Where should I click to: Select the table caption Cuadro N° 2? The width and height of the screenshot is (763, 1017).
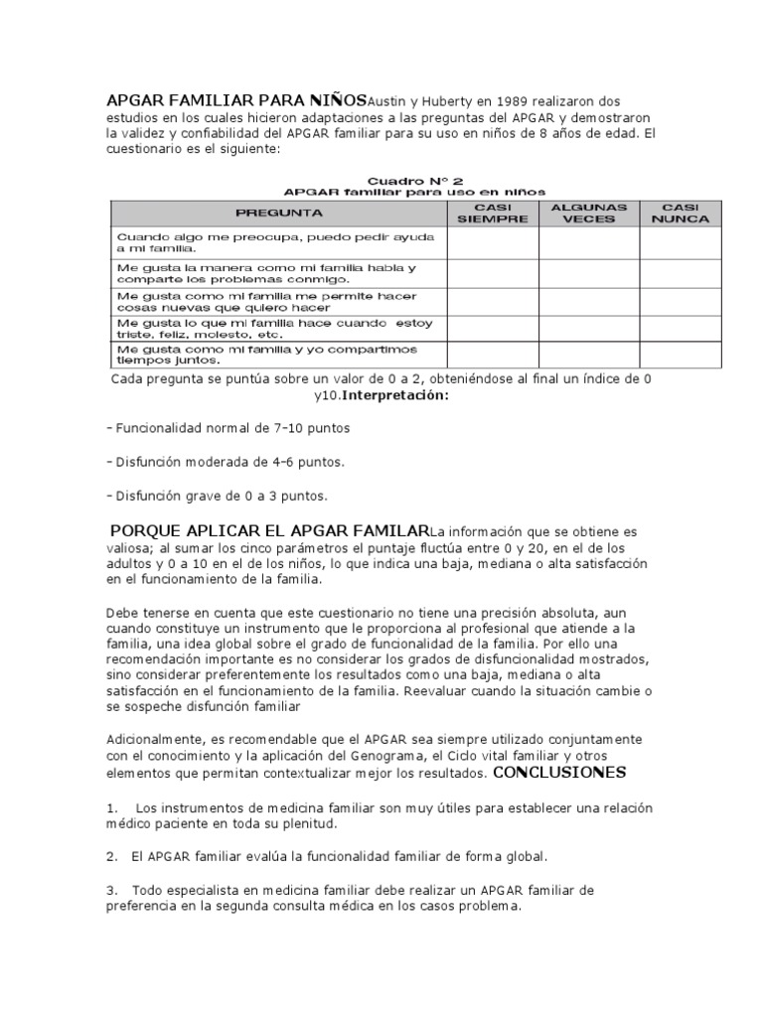coord(415,180)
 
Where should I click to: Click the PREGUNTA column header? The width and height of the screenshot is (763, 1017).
coord(278,213)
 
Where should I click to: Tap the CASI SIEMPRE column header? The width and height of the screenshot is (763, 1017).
coord(493,213)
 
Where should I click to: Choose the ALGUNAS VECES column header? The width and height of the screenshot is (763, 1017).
coord(589,213)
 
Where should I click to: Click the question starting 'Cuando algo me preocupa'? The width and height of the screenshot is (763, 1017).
coord(275,243)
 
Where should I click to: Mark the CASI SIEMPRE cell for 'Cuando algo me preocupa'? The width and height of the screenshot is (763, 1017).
coord(493,243)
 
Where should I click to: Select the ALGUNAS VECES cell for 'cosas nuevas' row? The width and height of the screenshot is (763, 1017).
coord(589,302)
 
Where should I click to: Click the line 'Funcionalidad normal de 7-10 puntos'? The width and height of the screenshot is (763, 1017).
coord(228,428)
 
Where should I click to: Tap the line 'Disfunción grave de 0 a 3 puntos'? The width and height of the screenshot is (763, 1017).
coord(216,495)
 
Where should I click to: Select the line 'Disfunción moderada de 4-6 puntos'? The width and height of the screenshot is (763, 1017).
coord(226,462)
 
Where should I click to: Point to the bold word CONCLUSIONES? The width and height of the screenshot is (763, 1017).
coord(558,772)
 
